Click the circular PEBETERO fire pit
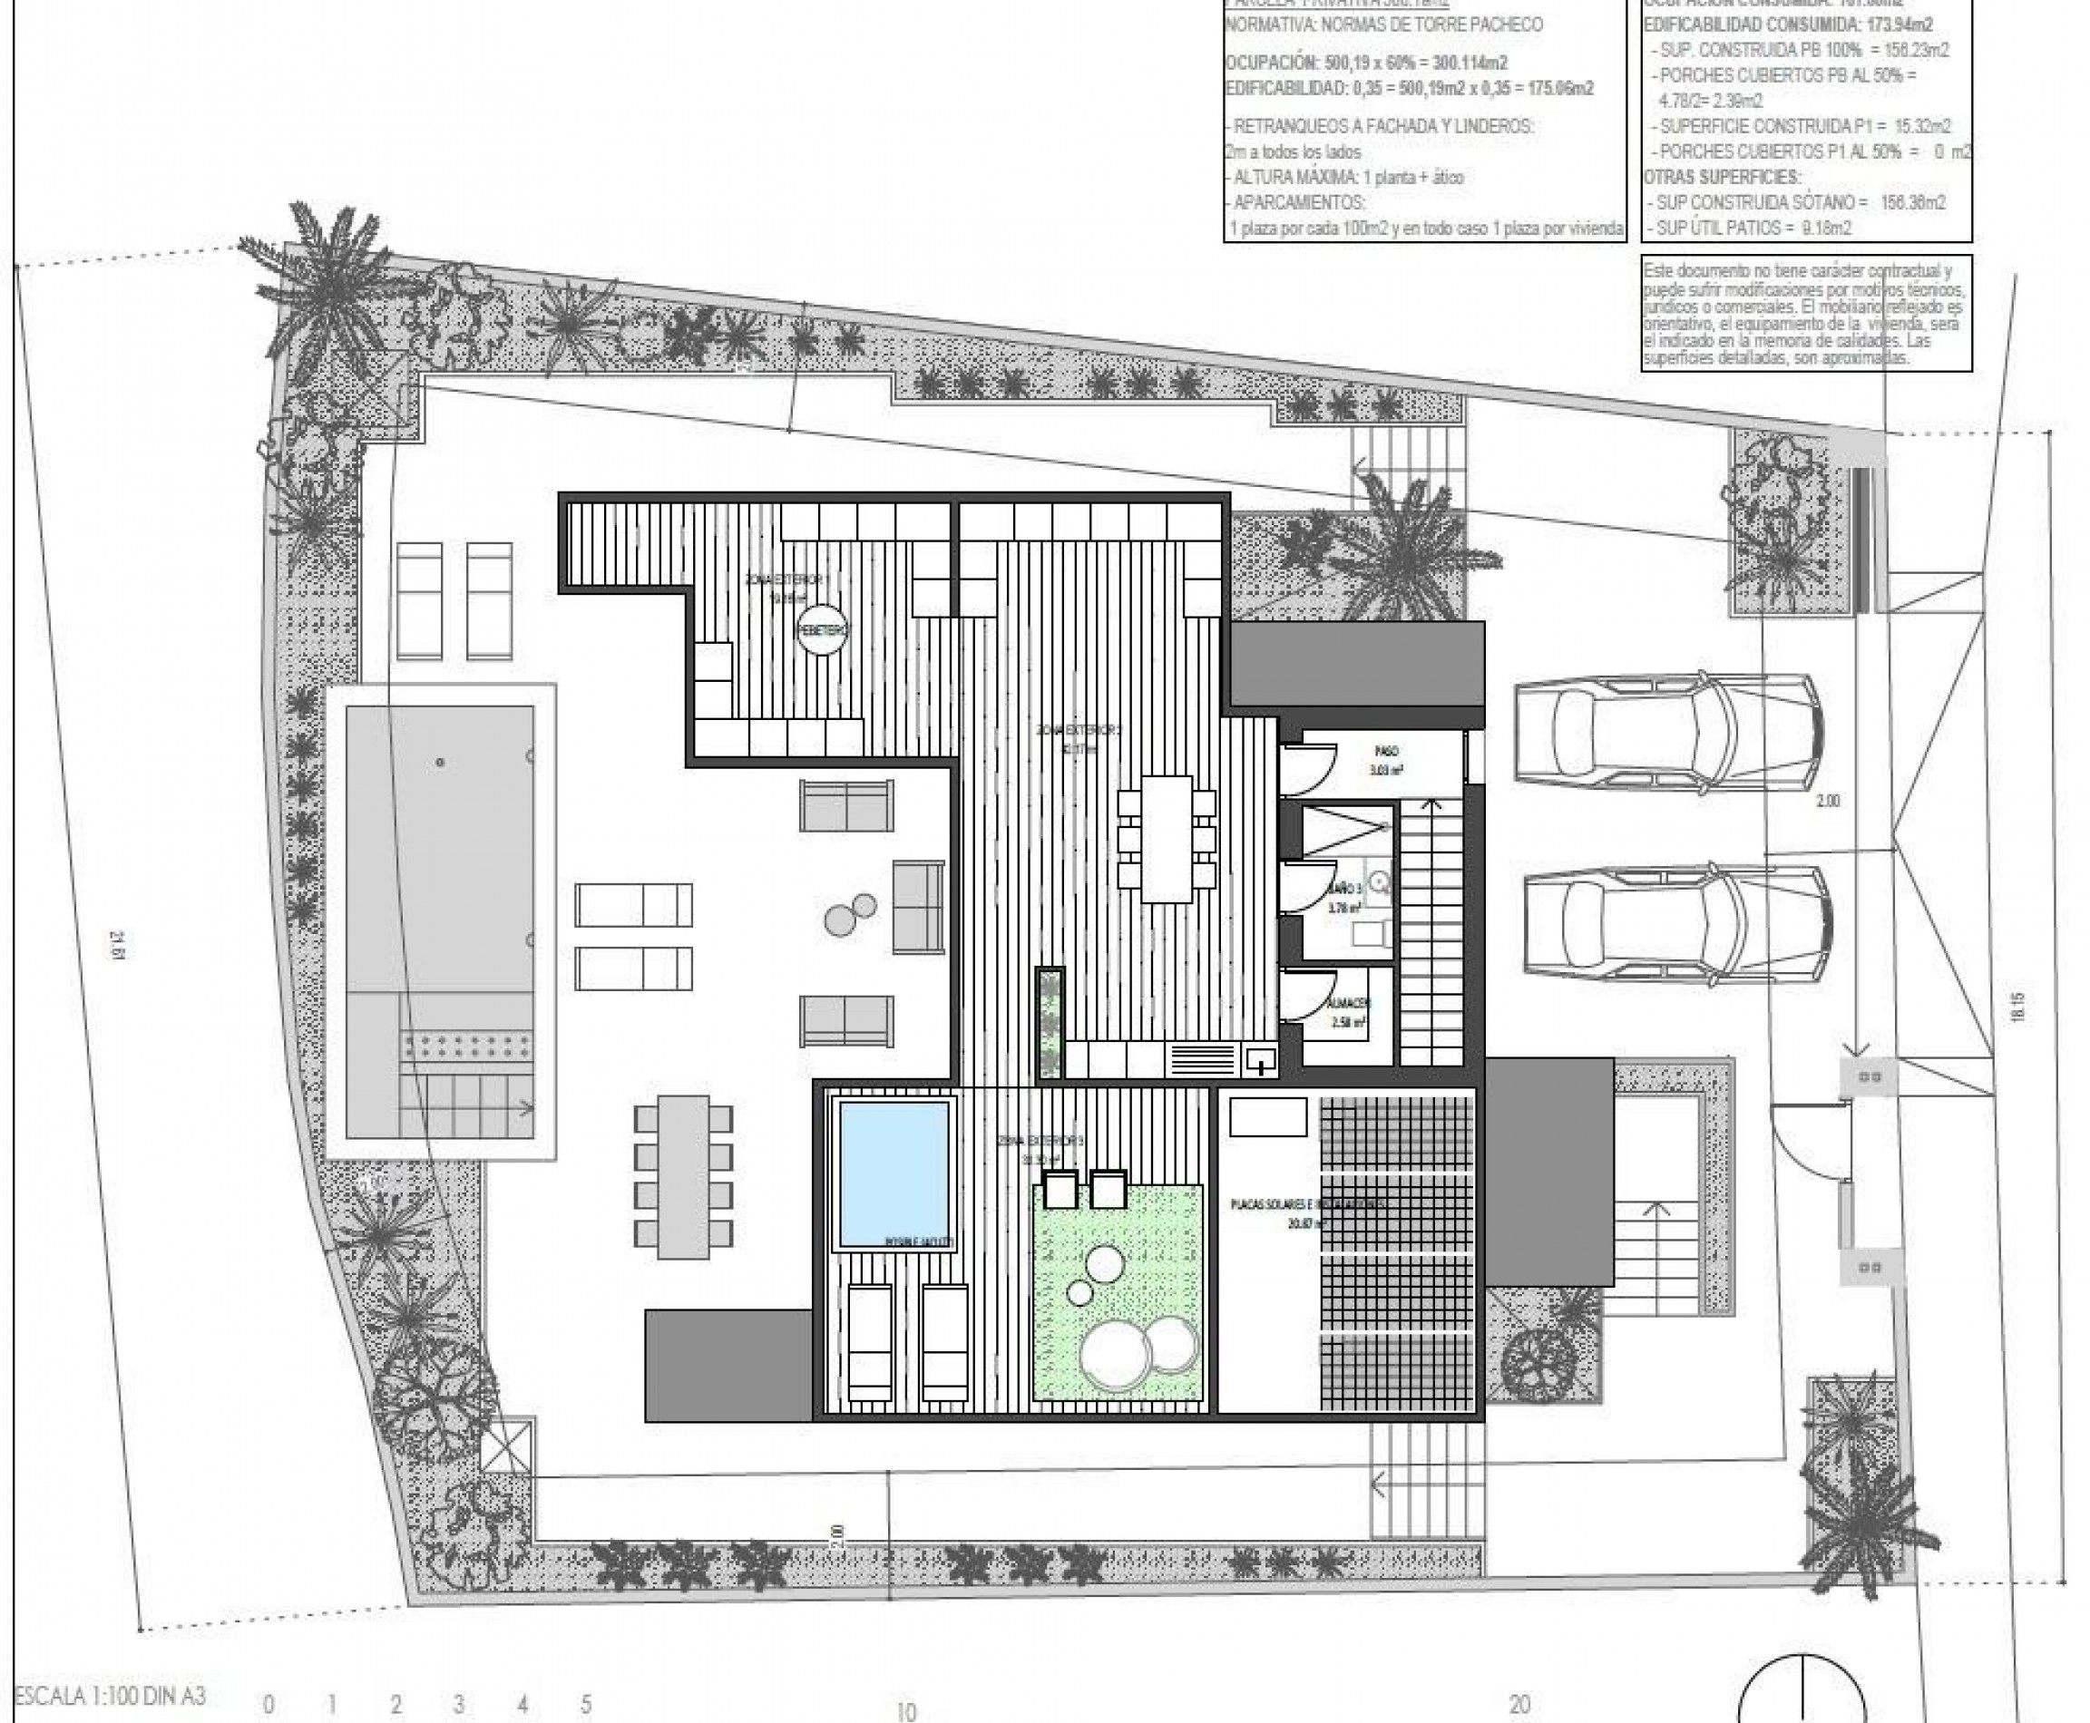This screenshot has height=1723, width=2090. click(823, 629)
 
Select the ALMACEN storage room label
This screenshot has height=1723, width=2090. click(1347, 1004)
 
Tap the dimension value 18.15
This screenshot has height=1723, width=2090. click(2017, 1008)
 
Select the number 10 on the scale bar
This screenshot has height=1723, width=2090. click(905, 1712)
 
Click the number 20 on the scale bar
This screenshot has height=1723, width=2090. click(1519, 1704)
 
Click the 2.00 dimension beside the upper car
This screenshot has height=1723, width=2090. click(1827, 801)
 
